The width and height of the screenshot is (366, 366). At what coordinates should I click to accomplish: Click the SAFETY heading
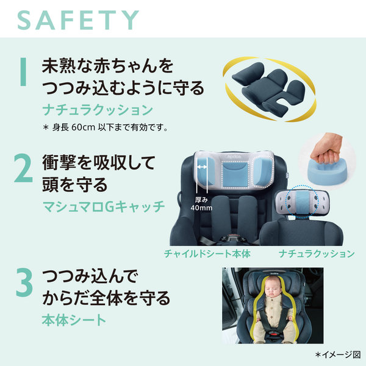point(78,20)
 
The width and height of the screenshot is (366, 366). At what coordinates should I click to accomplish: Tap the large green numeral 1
point(23,71)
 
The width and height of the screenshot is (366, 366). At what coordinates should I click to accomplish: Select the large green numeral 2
point(23,168)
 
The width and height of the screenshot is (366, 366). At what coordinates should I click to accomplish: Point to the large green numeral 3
point(24,282)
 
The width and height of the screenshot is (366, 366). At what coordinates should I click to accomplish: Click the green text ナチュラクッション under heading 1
point(98,110)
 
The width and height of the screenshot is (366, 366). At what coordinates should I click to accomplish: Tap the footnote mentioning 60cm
point(105,127)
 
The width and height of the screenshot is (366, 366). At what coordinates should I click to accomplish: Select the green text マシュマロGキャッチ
point(104,206)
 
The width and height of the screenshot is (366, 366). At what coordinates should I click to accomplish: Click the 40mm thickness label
point(201,204)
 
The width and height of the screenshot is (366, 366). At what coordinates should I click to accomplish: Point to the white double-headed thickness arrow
point(202,167)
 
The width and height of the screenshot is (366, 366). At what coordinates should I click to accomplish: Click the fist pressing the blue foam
point(327,150)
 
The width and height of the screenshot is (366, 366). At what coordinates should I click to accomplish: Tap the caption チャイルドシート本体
point(207,254)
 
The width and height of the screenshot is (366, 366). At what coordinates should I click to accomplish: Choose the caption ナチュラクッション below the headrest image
point(317,254)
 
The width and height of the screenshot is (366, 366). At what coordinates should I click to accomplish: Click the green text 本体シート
point(74,320)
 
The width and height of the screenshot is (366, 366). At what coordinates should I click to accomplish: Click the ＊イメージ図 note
point(338,355)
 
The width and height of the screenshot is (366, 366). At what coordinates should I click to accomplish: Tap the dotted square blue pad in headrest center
point(235,174)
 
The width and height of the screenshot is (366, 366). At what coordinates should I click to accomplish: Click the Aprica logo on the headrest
point(234,156)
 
